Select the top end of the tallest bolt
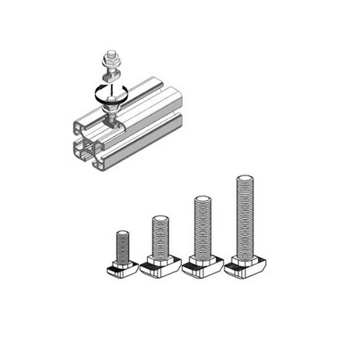tap(245, 176)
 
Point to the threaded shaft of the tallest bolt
tap(245, 217)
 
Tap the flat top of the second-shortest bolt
tap(159, 218)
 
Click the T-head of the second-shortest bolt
tap(159, 266)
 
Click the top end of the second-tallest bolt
tap(201, 198)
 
